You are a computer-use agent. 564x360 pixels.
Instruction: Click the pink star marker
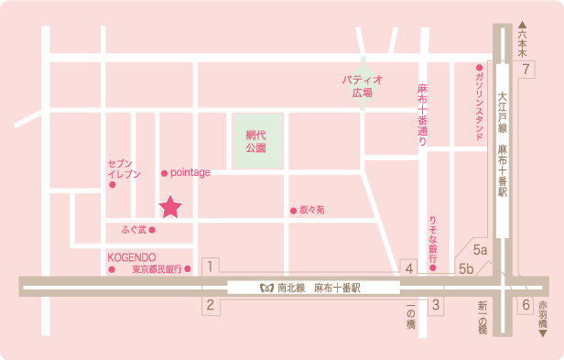pyautogui.click(x=170, y=208)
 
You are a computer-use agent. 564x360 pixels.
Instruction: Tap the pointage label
pyautogui.click(x=190, y=172)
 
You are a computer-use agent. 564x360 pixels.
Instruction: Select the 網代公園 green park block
pyautogui.click(x=255, y=141)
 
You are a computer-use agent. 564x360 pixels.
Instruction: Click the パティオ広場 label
pyautogui.click(x=362, y=86)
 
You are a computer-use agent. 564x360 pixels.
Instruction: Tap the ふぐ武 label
pyautogui.click(x=133, y=228)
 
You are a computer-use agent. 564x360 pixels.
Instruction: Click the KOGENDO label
pyautogui.click(x=131, y=257)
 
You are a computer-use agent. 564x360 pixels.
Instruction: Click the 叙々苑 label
pyautogui.click(x=311, y=210)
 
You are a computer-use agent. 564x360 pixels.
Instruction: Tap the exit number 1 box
pyautogui.click(x=211, y=267)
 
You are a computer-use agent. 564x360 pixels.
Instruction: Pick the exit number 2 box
pyautogui.click(x=211, y=306)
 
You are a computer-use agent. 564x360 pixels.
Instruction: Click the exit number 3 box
pyautogui.click(x=437, y=306)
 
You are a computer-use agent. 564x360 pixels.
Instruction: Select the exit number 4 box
pyautogui.click(x=410, y=267)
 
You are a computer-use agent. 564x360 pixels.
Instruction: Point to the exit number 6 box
pyautogui.click(x=526, y=306)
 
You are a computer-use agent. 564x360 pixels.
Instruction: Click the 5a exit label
pyautogui.click(x=481, y=249)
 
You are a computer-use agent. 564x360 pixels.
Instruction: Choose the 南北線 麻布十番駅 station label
pyautogui.click(x=311, y=287)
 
